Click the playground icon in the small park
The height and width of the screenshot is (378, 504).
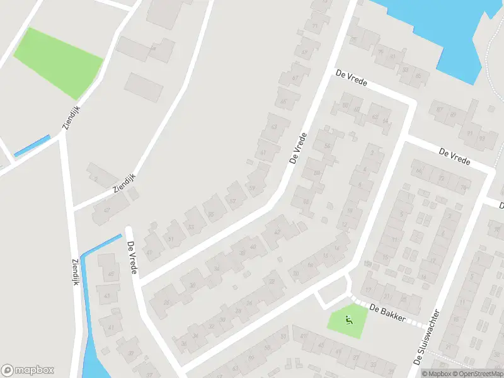pos(349,320)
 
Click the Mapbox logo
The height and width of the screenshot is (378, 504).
pos(28,370)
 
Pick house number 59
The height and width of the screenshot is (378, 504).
pos(253,188)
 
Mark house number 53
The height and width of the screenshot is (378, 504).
pos(190,227)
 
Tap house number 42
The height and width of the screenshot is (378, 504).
pos(275,231)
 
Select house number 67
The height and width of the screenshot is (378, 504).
pos(295,78)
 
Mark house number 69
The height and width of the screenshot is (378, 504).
pos(305,52)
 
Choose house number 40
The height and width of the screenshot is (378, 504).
pos(253,247)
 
